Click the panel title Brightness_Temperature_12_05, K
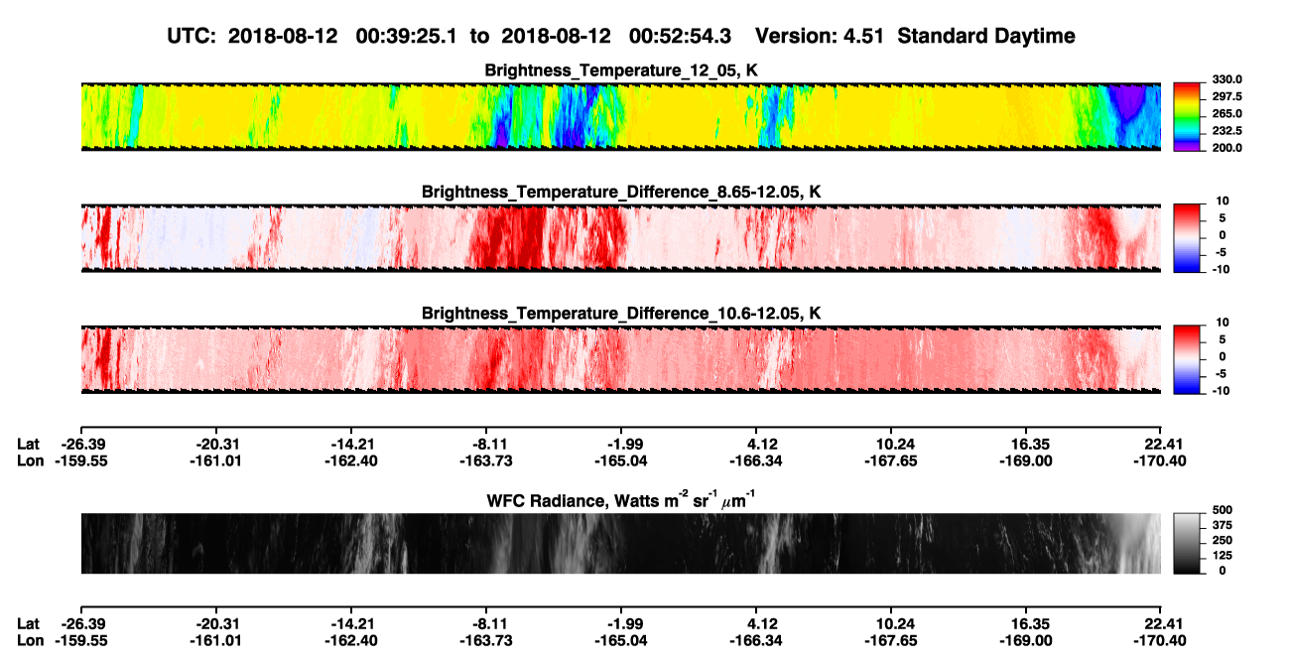pyautogui.click(x=621, y=70)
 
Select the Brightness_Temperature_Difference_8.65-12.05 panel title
pyautogui.click(x=621, y=192)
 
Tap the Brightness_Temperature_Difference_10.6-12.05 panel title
pyautogui.click(x=621, y=314)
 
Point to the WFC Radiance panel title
pyautogui.click(x=621, y=500)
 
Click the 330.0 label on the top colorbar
pyautogui.click(x=1226, y=79)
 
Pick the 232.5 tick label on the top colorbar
pyautogui.click(x=1226, y=131)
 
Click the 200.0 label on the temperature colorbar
pyautogui.click(x=1226, y=148)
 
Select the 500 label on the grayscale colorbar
pyautogui.click(x=1223, y=510)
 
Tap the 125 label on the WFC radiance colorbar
pyautogui.click(x=1223, y=556)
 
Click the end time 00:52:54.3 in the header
pyautogui.click(x=680, y=36)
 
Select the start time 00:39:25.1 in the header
pyautogui.click(x=406, y=36)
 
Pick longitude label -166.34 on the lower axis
pyautogui.click(x=756, y=641)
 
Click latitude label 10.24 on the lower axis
pyautogui.click(x=891, y=624)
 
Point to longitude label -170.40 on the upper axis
pyautogui.click(x=1160, y=461)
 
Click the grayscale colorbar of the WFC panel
pyautogui.click(x=1187, y=543)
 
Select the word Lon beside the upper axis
pyautogui.click(x=30, y=461)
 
